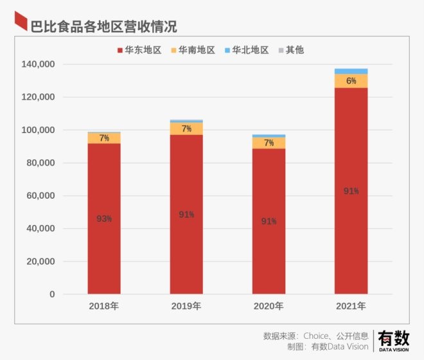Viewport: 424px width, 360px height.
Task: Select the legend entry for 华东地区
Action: [139, 50]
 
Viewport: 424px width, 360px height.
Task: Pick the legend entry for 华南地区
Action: [192, 50]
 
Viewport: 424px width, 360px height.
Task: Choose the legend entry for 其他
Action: [290, 50]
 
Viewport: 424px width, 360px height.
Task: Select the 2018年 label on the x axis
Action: [104, 306]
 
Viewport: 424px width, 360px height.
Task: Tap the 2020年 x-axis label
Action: [269, 306]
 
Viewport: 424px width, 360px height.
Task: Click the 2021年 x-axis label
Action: [351, 306]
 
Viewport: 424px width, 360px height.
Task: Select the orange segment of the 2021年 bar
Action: [351, 81]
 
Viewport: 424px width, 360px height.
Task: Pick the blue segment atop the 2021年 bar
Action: [351, 71]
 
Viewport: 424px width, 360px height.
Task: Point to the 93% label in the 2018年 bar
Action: [104, 219]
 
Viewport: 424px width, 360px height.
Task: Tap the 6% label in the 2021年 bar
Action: [351, 81]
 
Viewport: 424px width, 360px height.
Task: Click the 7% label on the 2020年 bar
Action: [269, 143]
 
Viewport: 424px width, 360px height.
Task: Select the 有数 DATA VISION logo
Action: [393, 340]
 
